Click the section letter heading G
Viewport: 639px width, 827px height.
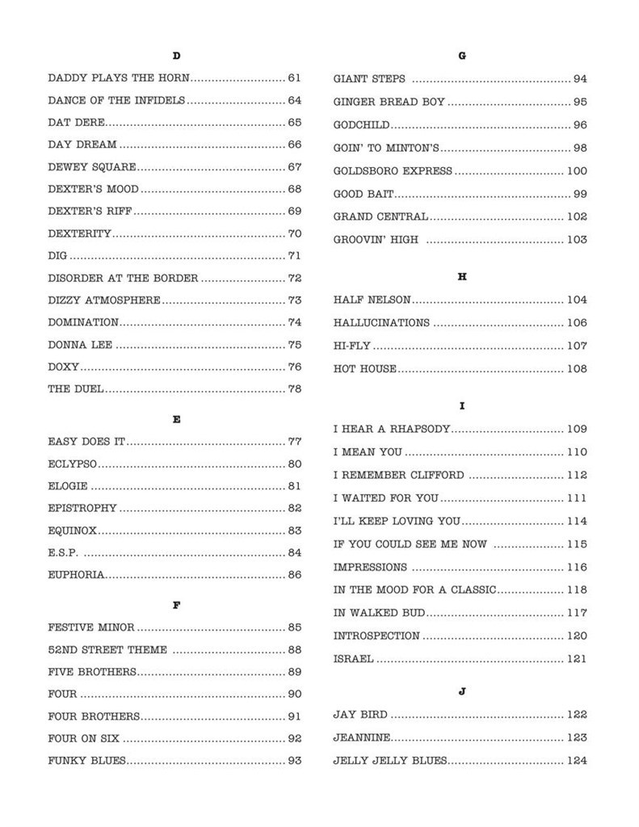click(x=462, y=56)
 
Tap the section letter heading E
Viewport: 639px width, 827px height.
click(x=176, y=419)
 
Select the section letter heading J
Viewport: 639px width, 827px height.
click(x=462, y=691)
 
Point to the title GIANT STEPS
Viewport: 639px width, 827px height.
click(x=369, y=79)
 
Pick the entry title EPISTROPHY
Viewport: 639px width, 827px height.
click(x=82, y=508)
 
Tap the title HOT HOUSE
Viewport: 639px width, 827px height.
click(x=365, y=369)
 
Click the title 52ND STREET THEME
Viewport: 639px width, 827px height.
click(x=107, y=650)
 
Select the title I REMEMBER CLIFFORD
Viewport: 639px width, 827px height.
click(x=399, y=475)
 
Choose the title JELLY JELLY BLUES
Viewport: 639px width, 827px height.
click(x=389, y=761)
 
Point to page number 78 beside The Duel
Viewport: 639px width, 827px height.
click(x=294, y=389)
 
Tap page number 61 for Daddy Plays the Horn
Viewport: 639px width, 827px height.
click(x=294, y=78)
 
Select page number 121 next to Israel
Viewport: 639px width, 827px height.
click(x=577, y=659)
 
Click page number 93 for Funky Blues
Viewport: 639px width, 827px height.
click(x=294, y=761)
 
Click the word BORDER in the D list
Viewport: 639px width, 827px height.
click(x=176, y=279)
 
